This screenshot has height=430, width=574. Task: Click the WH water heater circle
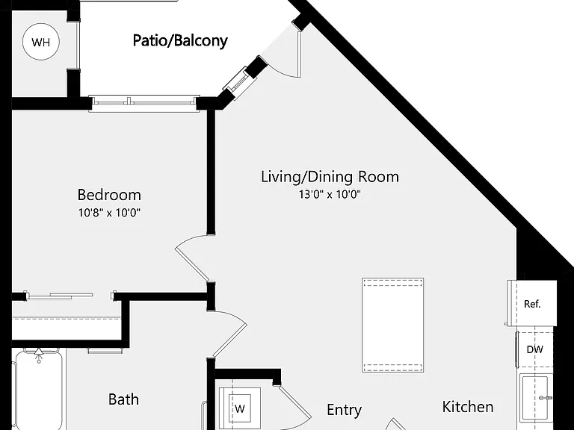(x=40, y=42)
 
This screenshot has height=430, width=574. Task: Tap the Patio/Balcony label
(x=180, y=40)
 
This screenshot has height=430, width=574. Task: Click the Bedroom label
(x=109, y=195)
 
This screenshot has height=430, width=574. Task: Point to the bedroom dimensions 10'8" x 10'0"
(x=109, y=213)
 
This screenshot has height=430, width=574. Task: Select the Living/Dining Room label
(x=330, y=177)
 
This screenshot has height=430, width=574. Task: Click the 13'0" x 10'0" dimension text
(x=330, y=194)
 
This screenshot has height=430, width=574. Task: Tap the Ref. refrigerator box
(x=532, y=303)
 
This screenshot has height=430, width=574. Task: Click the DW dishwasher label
(x=535, y=349)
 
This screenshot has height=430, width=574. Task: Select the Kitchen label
(x=467, y=407)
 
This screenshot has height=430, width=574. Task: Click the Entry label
(x=344, y=411)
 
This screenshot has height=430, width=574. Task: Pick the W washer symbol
(x=240, y=408)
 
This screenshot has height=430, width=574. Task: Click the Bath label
(x=124, y=399)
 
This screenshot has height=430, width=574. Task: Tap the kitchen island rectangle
(x=393, y=325)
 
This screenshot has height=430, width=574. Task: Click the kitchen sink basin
(x=536, y=397)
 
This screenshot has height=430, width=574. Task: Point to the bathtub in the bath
(x=37, y=389)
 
